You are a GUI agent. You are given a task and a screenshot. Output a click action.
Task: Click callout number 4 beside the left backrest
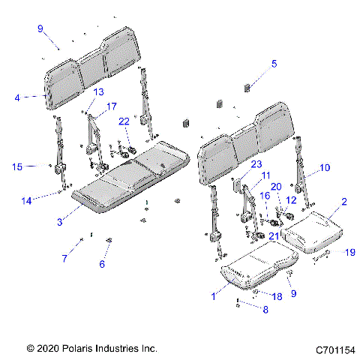coord(17,97)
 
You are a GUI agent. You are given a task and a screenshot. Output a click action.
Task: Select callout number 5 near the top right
coord(274,64)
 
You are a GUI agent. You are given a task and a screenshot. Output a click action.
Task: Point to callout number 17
coord(111,106)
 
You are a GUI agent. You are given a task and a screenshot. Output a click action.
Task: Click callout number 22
coord(124,121)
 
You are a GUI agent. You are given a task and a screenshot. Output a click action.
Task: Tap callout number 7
coord(64,258)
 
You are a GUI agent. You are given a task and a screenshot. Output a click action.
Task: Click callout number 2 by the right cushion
coord(344,202)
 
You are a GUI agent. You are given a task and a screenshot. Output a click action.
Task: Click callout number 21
coord(273,237)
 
